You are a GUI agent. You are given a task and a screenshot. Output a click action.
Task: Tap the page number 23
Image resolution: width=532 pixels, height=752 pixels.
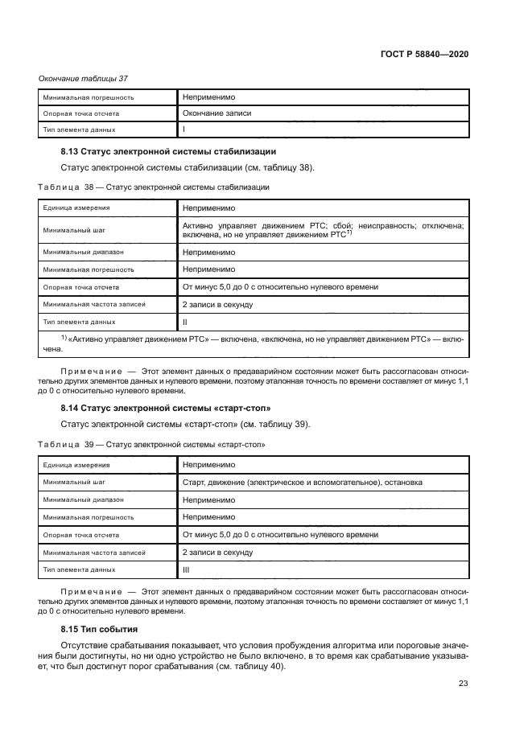point(464,684)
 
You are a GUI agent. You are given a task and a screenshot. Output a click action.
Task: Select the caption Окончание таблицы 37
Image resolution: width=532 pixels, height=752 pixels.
point(84,79)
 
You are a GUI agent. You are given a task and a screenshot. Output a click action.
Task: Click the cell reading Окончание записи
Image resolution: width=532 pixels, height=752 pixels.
point(217,113)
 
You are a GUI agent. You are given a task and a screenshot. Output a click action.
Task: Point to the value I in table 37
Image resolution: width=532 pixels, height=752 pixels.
point(184,129)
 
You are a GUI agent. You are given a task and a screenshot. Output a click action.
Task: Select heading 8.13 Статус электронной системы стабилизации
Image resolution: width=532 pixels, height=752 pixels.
point(169,151)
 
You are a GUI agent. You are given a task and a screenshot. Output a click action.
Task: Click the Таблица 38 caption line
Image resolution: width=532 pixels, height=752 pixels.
point(154,187)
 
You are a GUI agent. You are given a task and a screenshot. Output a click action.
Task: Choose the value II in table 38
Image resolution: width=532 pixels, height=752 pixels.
point(185,322)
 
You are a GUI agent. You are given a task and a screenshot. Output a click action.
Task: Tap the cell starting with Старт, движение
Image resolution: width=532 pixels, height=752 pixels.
point(303,483)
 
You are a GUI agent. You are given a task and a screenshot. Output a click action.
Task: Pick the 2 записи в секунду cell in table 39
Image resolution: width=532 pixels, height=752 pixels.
point(217,553)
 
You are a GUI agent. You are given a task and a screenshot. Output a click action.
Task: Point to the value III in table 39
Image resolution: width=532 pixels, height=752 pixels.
point(186,569)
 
